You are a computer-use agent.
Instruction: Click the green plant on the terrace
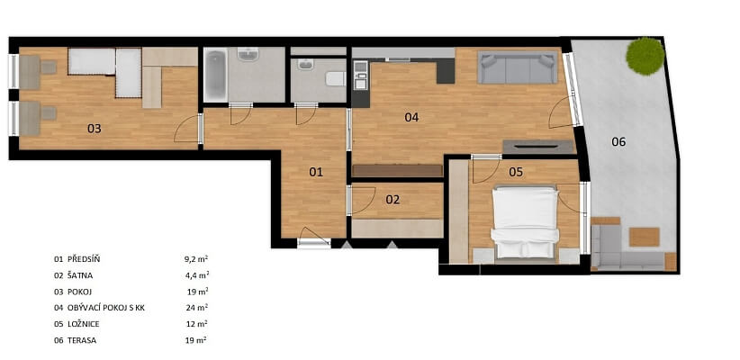[x=645, y=55]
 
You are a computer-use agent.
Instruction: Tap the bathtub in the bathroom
[x=216, y=75]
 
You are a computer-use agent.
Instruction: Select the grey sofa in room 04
[x=518, y=67]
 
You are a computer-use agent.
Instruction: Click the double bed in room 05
[x=525, y=221]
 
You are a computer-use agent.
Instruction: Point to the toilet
[x=336, y=79]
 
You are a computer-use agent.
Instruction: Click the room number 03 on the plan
[x=95, y=129]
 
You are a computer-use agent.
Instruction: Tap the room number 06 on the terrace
[x=618, y=141]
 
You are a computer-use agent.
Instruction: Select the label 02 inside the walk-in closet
[x=393, y=200]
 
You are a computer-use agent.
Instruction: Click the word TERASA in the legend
[x=82, y=340]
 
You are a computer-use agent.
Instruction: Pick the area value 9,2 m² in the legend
[x=196, y=258]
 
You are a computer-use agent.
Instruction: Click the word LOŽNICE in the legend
[x=84, y=324]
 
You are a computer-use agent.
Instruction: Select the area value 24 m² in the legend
[x=197, y=308]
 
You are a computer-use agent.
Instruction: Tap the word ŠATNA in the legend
[x=81, y=275]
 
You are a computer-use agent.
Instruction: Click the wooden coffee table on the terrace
[x=645, y=237]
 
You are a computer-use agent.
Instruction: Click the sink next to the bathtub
[x=248, y=54]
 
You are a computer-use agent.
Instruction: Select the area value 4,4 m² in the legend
[x=196, y=275]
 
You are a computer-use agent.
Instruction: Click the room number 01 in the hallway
[x=316, y=172]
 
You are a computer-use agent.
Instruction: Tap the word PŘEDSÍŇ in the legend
[x=84, y=259]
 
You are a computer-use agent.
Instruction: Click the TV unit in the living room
[x=538, y=147]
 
